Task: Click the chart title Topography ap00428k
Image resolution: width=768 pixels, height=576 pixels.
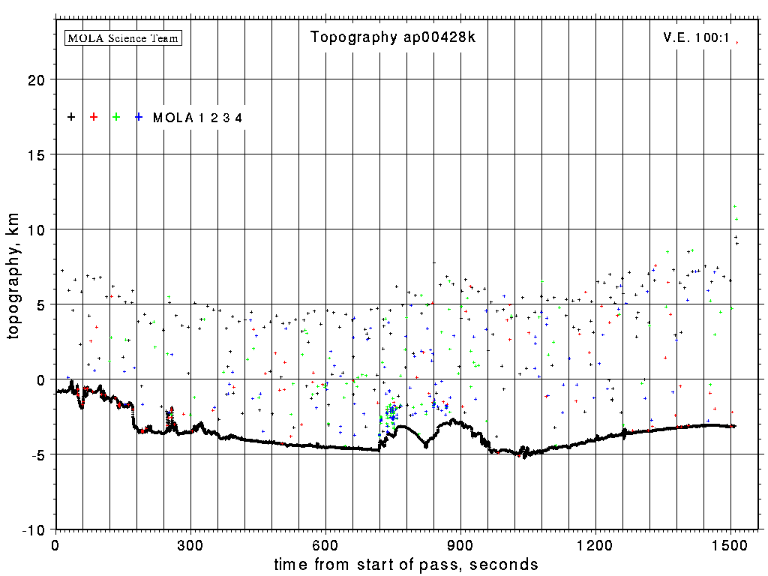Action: pyautogui.click(x=393, y=37)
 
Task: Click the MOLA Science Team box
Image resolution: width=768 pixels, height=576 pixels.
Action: pyautogui.click(x=124, y=37)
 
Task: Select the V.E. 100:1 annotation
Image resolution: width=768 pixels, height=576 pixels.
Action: pyautogui.click(x=697, y=37)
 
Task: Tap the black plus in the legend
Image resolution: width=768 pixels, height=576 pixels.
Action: pyautogui.click(x=71, y=117)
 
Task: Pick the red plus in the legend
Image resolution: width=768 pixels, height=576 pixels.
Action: pyautogui.click(x=94, y=117)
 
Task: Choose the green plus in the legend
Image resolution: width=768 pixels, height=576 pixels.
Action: pyautogui.click(x=116, y=117)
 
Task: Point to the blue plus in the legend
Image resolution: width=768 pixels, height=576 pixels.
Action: pyautogui.click(x=139, y=117)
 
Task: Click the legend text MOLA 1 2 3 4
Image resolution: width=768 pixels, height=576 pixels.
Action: pyautogui.click(x=197, y=118)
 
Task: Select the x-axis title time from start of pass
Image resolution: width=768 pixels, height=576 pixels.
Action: pyautogui.click(x=406, y=564)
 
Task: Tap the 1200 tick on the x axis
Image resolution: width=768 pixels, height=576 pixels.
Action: pyautogui.click(x=595, y=544)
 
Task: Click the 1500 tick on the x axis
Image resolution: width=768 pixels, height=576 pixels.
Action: pyautogui.click(x=730, y=544)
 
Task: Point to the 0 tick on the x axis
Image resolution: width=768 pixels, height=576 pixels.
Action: pyautogui.click(x=55, y=544)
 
